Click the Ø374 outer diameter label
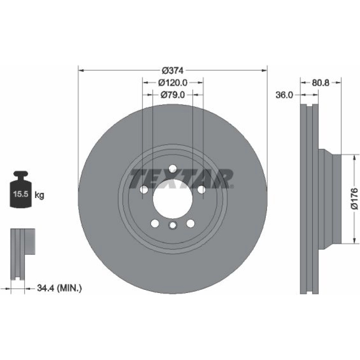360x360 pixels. coord(173,71)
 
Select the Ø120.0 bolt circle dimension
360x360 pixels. coord(173,83)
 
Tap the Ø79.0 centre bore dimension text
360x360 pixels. coord(173,95)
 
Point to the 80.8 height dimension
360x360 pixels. coord(320,83)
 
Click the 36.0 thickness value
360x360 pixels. coord(284,95)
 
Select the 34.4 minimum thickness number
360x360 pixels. coord(45,288)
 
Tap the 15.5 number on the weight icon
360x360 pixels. coord(21,194)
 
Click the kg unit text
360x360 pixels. coord(39,195)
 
